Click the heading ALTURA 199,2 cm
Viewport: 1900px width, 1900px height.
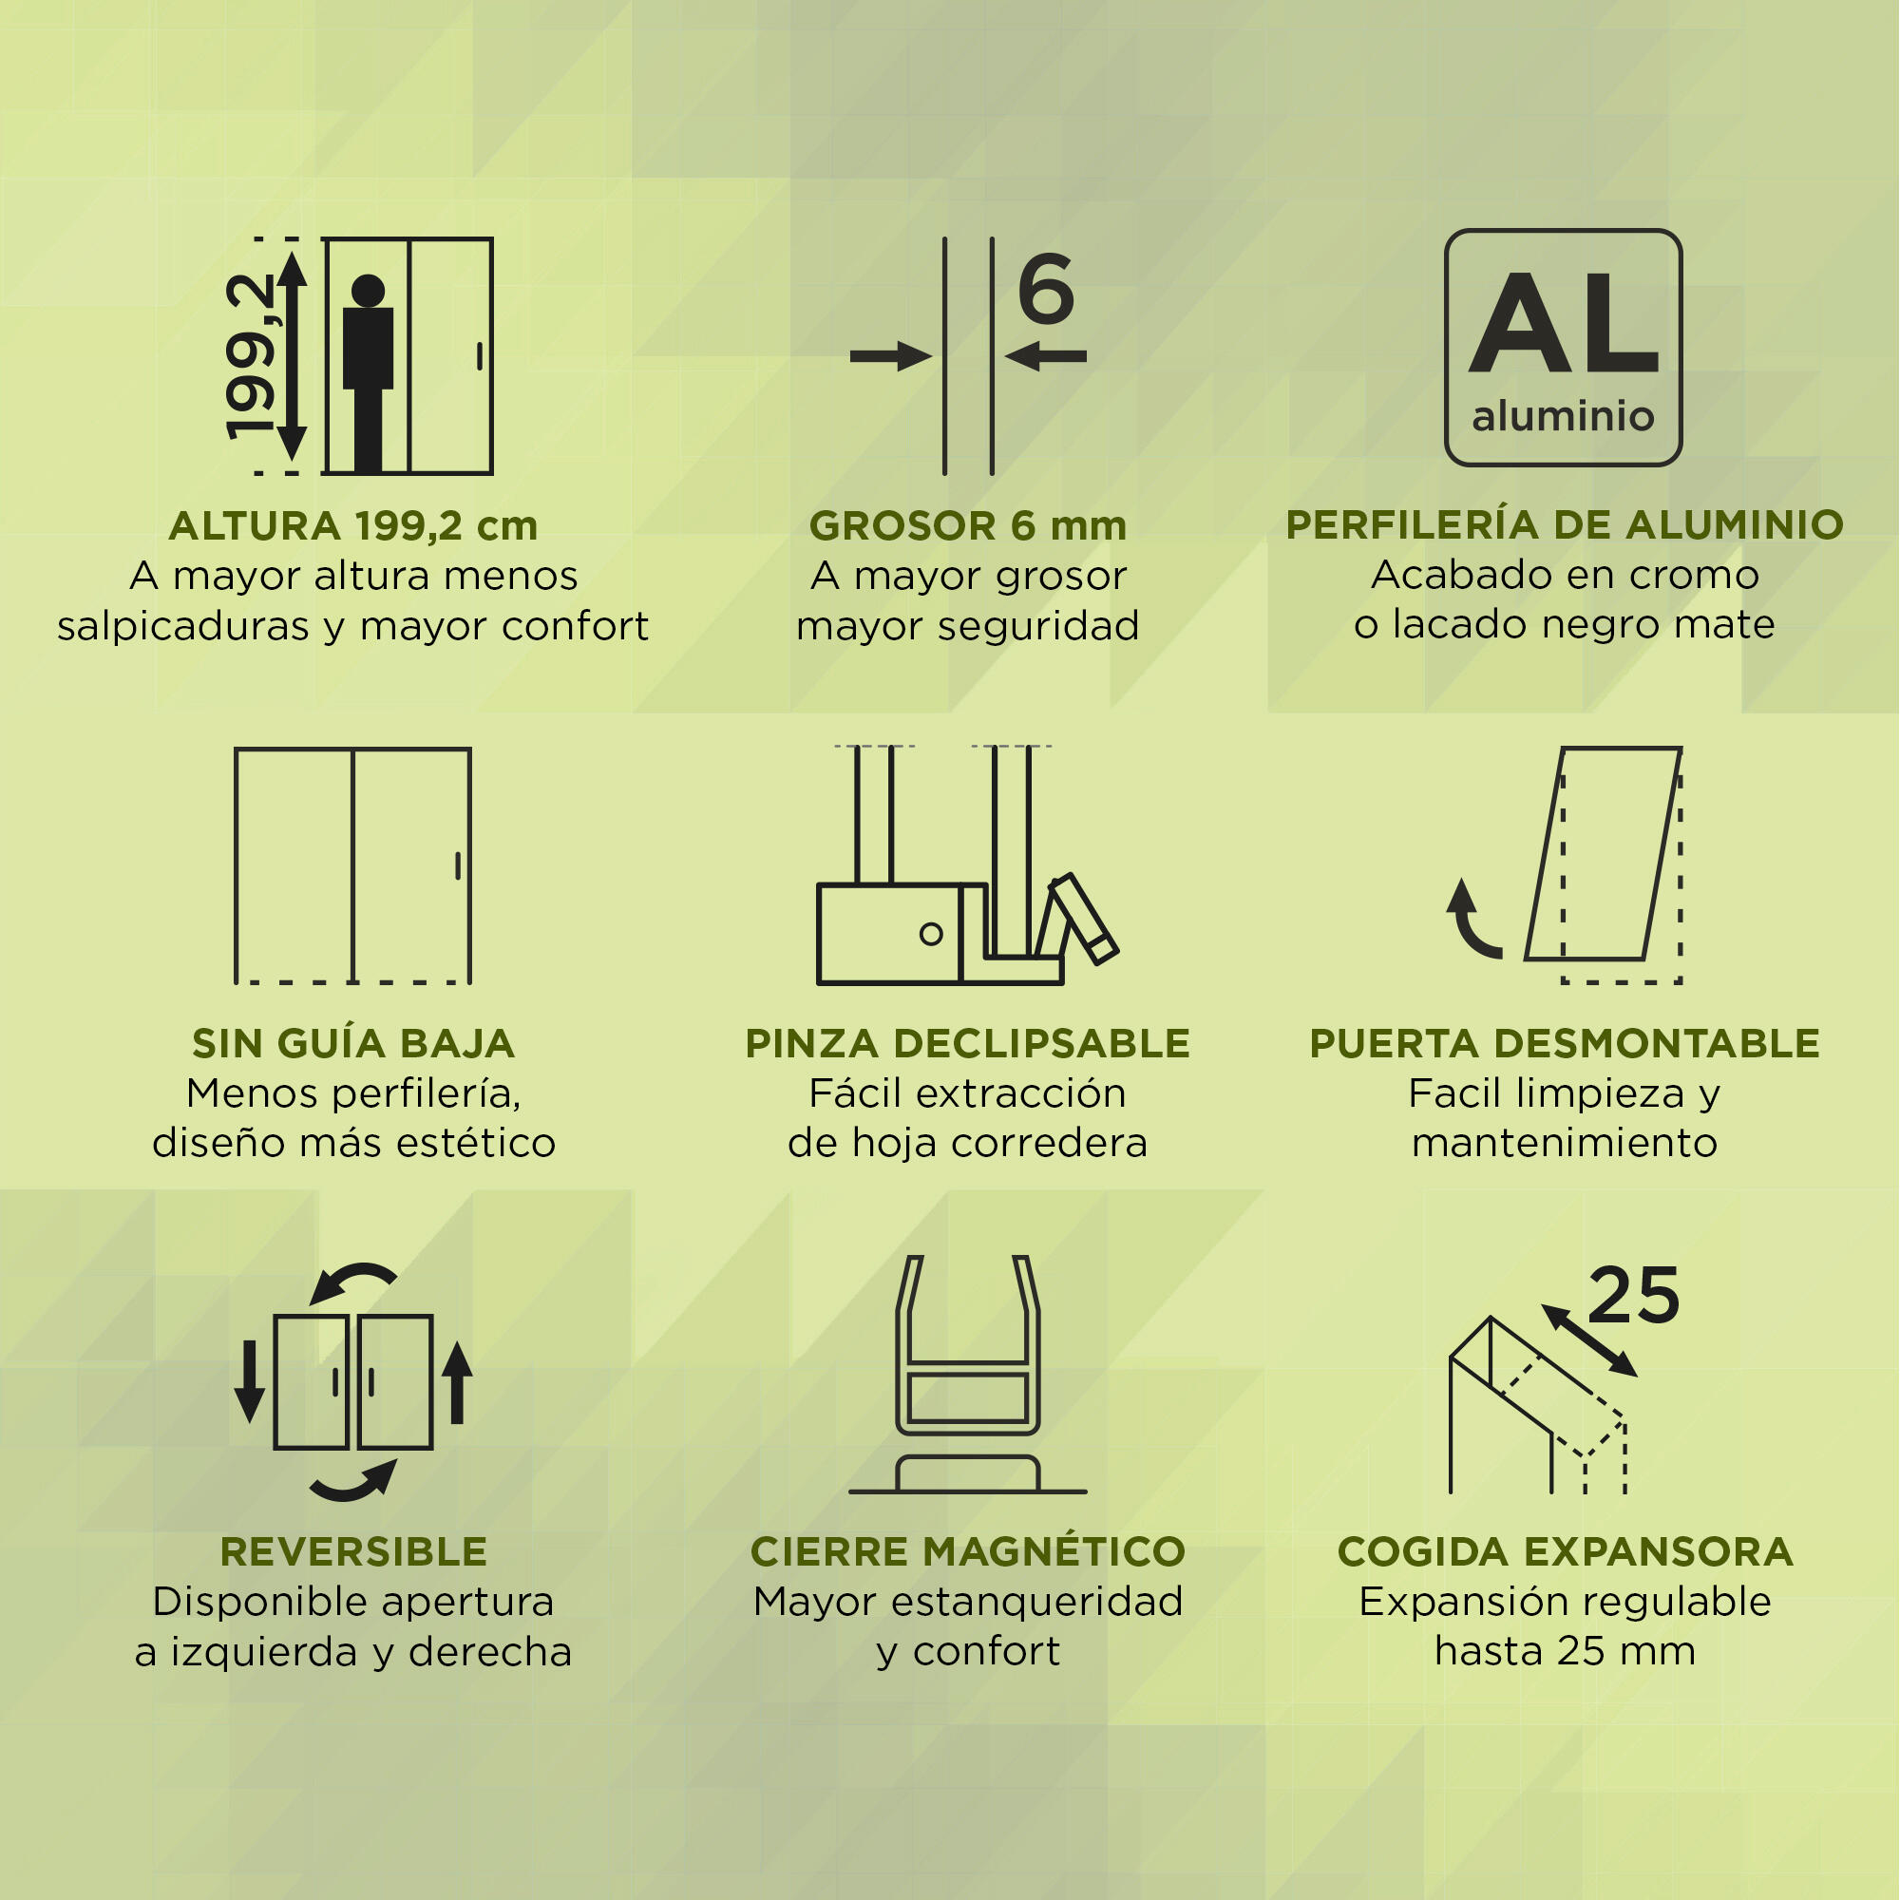point(353,526)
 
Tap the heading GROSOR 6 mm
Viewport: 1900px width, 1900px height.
point(968,526)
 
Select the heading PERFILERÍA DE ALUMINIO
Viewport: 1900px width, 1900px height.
point(1565,524)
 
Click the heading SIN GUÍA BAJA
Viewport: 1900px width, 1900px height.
point(353,1042)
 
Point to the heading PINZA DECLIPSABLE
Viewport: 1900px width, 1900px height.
point(968,1043)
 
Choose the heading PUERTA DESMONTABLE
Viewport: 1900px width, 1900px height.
point(1565,1043)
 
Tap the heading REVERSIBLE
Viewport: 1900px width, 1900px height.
point(353,1552)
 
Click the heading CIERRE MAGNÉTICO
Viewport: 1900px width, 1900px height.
point(968,1551)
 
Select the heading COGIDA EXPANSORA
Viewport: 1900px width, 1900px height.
point(1565,1552)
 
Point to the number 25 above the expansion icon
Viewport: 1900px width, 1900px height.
point(1633,1295)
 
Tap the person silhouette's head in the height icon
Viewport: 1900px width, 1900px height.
point(368,290)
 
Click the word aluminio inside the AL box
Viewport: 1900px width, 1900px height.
point(1563,416)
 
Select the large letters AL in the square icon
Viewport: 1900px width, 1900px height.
point(1564,323)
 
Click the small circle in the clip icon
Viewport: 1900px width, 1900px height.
point(930,933)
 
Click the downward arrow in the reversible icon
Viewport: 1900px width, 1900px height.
point(250,1380)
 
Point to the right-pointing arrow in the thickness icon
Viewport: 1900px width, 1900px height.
point(891,356)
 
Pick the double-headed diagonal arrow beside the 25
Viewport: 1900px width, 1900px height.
point(1589,1340)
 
